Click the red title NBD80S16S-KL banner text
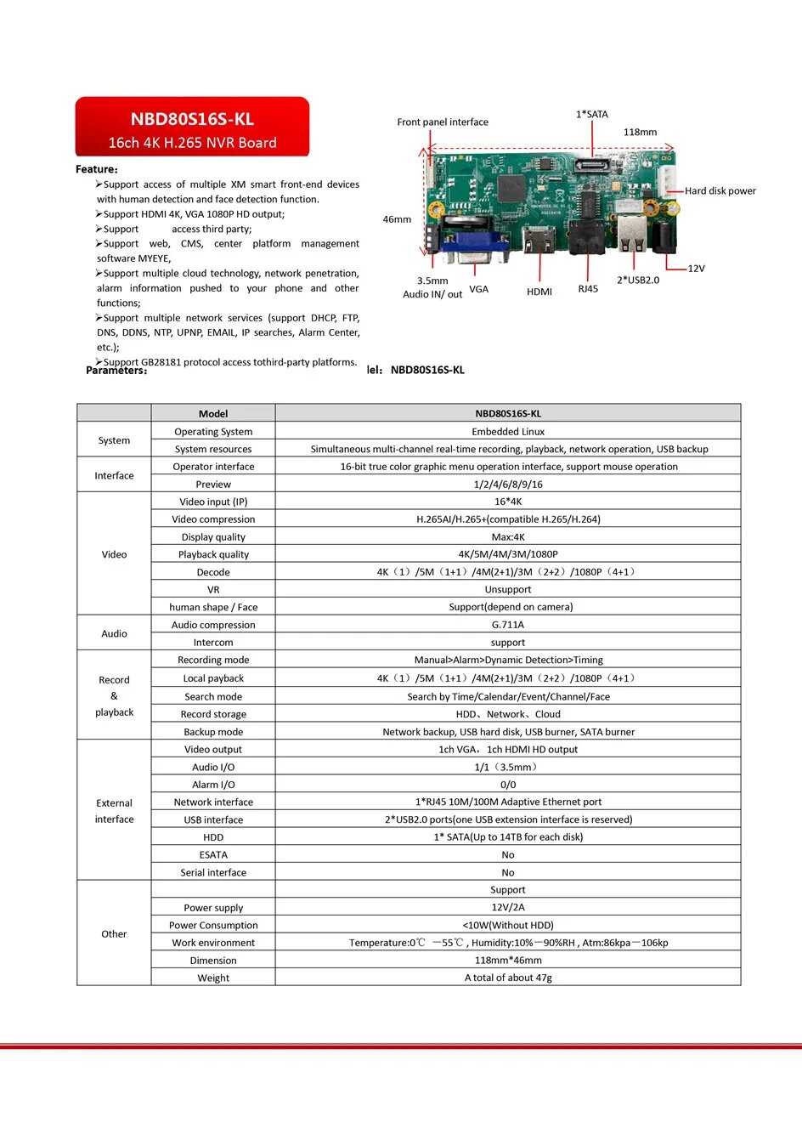tap(192, 120)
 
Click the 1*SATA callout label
tap(592, 114)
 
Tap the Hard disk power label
tap(720, 191)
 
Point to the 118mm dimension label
tap(640, 133)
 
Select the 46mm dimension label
tap(397, 219)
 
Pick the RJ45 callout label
tap(588, 289)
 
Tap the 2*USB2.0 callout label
tap(637, 281)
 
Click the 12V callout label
tap(696, 269)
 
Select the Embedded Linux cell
tap(508, 432)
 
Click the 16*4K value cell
tap(508, 502)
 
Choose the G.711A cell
tap(508, 625)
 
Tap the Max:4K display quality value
tap(508, 537)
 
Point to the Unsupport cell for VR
tap(508, 590)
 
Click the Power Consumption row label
tap(213, 926)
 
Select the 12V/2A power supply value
tap(508, 908)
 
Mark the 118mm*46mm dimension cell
tap(508, 961)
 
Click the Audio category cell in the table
tap(114, 633)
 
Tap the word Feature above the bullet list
tap(96, 169)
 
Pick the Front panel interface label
tap(443, 122)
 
